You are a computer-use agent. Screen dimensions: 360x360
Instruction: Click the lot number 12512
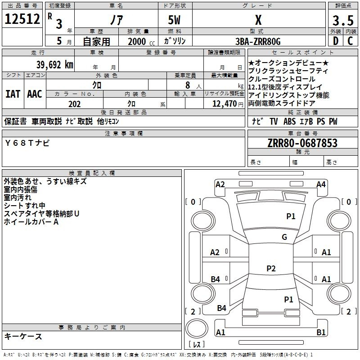point(22,19)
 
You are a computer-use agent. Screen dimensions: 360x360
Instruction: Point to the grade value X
point(258,20)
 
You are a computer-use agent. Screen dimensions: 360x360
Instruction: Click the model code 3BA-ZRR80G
point(258,42)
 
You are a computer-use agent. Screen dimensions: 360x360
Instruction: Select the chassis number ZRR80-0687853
point(302,144)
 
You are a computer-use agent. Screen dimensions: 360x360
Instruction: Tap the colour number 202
point(74,104)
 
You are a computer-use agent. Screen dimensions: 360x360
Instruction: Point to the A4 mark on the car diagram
point(321,184)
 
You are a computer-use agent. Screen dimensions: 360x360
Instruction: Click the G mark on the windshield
point(284,237)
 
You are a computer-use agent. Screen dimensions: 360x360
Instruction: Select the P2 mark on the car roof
point(271,269)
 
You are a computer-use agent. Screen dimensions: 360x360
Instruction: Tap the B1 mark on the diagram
point(321,333)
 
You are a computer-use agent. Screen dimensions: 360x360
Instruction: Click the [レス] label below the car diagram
point(197,344)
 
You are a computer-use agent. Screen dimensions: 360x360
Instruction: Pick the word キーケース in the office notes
point(23,336)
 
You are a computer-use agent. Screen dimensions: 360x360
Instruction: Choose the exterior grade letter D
point(335,41)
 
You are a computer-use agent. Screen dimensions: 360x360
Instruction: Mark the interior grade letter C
point(351,41)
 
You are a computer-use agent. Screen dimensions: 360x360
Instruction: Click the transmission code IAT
point(13,94)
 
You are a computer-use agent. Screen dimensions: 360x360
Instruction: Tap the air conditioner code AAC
point(35,94)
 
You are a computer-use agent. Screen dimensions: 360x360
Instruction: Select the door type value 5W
point(175,20)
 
